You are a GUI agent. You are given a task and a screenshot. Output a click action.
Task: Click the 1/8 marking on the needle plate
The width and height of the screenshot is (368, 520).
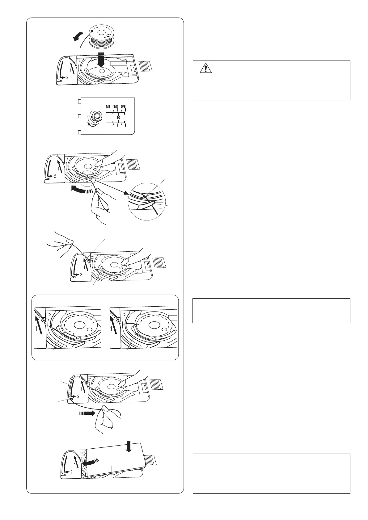(x=108, y=107)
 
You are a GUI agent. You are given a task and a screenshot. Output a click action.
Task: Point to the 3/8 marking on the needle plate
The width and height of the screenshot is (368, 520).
(x=116, y=107)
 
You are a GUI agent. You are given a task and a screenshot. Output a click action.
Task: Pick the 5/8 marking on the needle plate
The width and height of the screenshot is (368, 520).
(x=123, y=107)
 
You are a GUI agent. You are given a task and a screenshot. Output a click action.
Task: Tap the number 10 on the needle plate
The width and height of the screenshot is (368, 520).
(x=118, y=118)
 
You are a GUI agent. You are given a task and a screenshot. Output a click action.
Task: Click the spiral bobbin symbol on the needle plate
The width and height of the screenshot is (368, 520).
(x=96, y=117)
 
